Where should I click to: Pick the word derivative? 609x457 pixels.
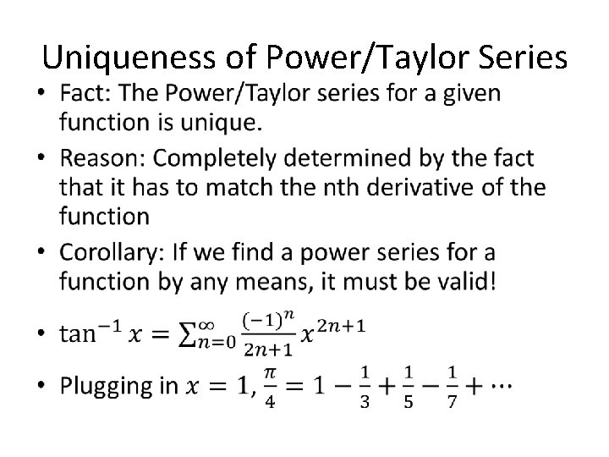click(410, 187)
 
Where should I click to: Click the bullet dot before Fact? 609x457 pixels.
click(46, 95)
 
